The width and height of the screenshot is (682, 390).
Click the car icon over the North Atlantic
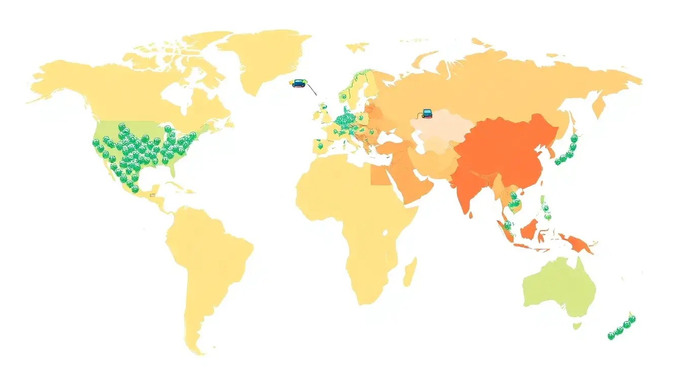click(299, 83)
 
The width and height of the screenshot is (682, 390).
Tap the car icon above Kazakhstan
click(427, 114)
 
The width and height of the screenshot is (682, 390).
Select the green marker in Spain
click(320, 146)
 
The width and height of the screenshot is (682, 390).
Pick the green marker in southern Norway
click(344, 96)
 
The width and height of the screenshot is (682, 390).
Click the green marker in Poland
click(361, 118)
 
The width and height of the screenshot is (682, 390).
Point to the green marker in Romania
click(371, 132)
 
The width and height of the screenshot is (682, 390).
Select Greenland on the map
click(264, 61)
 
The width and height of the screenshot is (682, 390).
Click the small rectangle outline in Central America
click(152, 194)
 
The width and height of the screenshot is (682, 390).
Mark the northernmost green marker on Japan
click(574, 138)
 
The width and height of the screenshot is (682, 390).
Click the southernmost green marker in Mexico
click(135, 189)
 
